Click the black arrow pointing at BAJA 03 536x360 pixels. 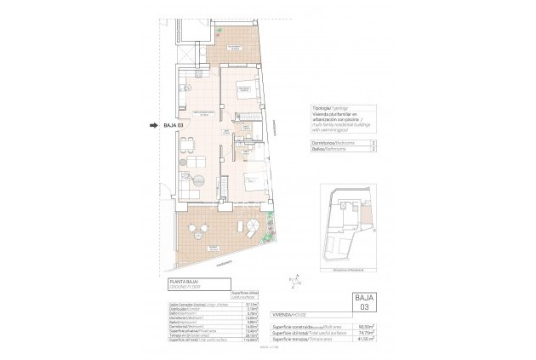(154, 127)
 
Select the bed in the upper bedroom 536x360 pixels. (243, 85)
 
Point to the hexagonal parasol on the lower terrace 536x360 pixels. (254, 230)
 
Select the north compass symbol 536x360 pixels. (294, 277)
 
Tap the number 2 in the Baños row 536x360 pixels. (375, 149)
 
